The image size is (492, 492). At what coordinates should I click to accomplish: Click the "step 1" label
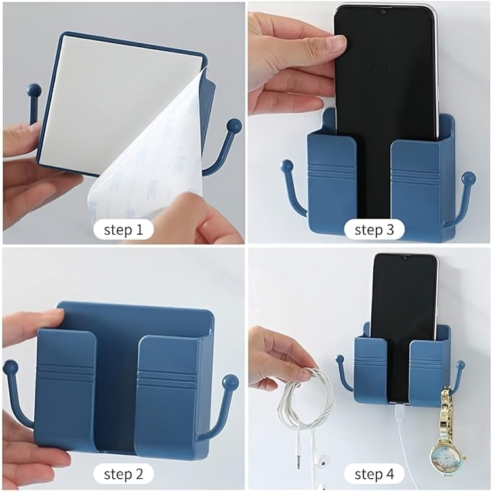pos(123,230)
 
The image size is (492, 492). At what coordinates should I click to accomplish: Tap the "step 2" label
pos(123,474)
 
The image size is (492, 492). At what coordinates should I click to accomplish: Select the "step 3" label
pos(374,230)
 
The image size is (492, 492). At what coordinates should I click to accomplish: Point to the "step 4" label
pos(374,474)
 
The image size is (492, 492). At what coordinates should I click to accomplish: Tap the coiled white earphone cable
pos(304,398)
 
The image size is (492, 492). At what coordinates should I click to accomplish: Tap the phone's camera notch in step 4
pos(405,258)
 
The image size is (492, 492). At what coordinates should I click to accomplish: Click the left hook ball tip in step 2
pos(11,367)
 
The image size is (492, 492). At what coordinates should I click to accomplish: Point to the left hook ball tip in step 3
pos(287,166)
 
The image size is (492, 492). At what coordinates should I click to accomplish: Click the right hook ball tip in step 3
pos(469,178)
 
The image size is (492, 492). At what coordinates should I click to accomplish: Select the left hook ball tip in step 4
pos(340,358)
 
